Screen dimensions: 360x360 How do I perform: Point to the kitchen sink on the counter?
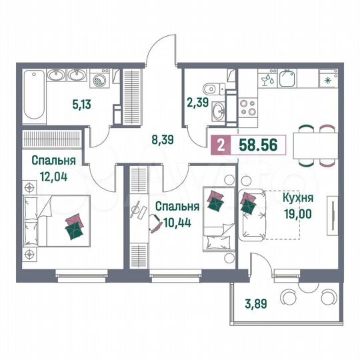(289, 80)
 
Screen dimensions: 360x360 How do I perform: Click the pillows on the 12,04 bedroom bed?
(75, 226)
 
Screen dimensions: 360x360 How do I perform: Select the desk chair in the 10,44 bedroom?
(154, 225)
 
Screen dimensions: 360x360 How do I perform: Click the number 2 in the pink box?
(220, 143)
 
